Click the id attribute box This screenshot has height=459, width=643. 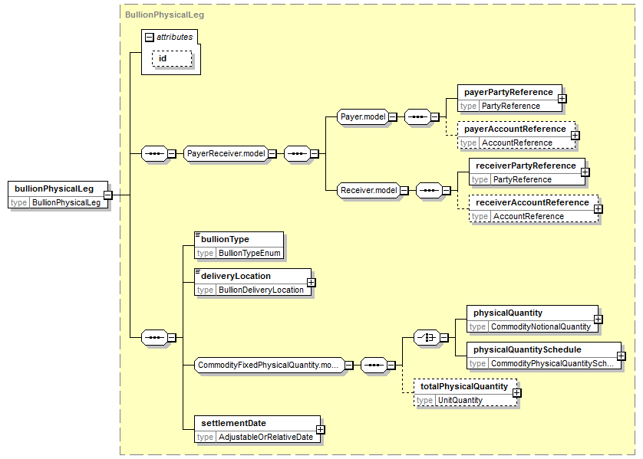click(x=172, y=58)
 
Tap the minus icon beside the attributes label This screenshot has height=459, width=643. click(x=150, y=38)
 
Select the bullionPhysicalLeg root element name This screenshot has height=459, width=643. click(x=54, y=189)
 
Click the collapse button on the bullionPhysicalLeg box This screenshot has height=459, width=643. click(x=107, y=195)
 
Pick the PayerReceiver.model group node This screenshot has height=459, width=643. click(x=226, y=153)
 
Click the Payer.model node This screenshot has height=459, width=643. click(x=363, y=116)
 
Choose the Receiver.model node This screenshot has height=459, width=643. click(x=368, y=190)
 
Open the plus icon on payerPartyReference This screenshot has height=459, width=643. click(x=562, y=99)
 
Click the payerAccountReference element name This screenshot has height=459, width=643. click(x=515, y=129)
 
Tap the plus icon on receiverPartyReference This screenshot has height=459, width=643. click(x=585, y=172)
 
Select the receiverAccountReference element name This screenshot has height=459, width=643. click(x=533, y=203)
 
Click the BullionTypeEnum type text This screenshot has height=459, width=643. click(x=249, y=253)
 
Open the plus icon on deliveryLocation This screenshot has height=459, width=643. click(x=312, y=283)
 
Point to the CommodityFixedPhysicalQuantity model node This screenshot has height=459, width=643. click(x=269, y=365)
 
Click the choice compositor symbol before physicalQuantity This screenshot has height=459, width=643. click(x=427, y=338)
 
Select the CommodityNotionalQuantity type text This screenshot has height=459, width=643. click(x=541, y=326)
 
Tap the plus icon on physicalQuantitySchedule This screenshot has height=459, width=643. click(x=622, y=356)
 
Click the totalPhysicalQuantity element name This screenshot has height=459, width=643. click(x=464, y=386)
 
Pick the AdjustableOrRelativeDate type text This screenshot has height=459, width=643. click(x=265, y=437)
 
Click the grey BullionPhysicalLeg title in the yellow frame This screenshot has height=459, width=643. click(x=164, y=15)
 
